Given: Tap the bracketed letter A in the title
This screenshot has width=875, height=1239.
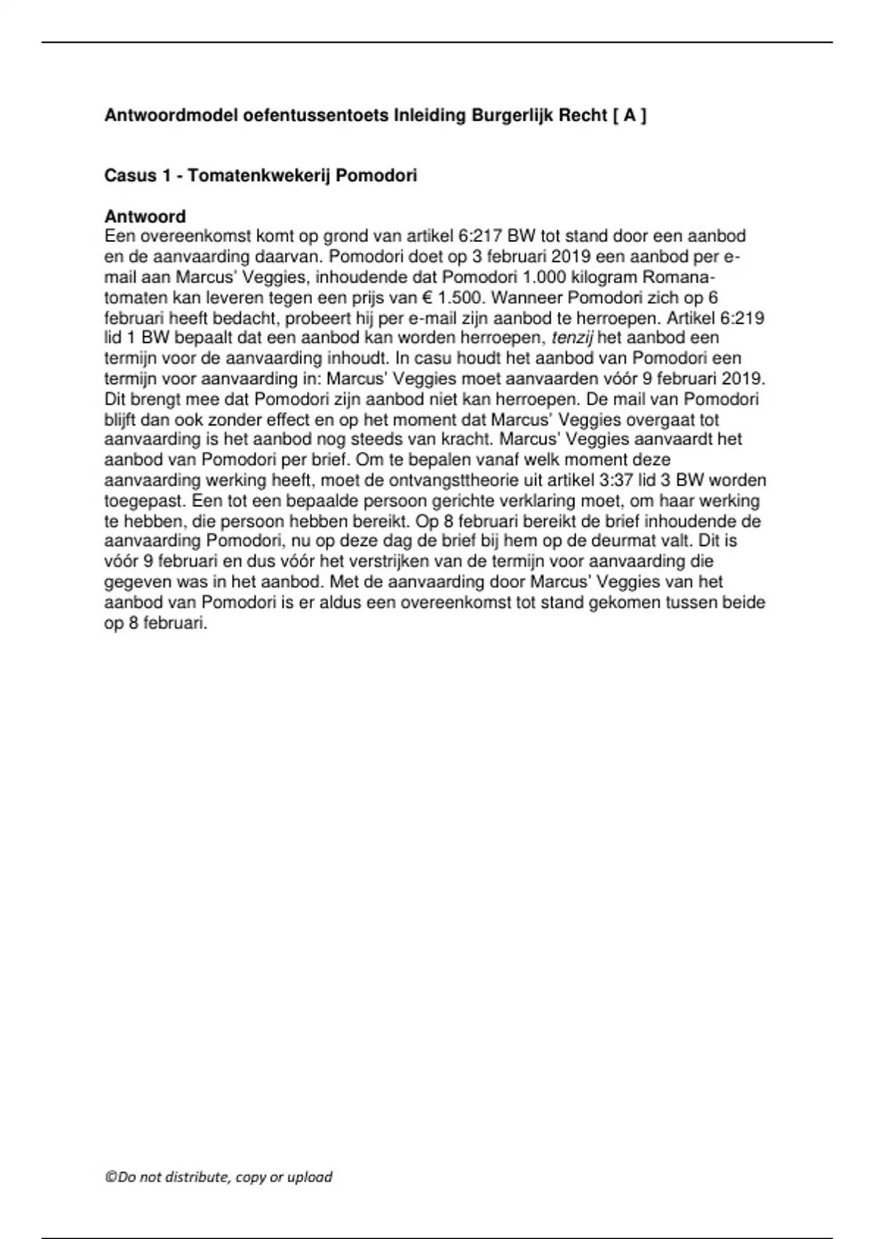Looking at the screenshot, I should click(x=629, y=115).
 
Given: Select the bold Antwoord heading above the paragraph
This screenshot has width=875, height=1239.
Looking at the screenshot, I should click(x=145, y=216).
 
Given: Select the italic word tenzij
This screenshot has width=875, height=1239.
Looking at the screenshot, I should click(x=572, y=338).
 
